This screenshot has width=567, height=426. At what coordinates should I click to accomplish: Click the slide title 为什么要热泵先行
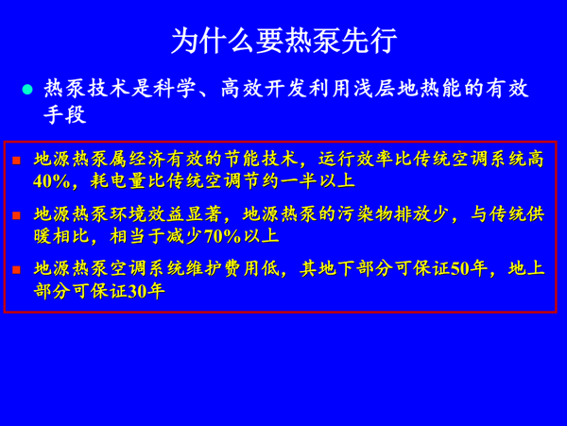[x=283, y=41]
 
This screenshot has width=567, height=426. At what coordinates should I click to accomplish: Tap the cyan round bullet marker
[x=27, y=89]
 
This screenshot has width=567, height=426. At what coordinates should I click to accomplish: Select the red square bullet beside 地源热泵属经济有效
[x=16, y=160]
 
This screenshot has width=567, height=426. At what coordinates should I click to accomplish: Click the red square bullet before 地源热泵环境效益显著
[x=16, y=215]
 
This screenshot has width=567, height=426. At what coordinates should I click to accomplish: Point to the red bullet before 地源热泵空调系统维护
[x=16, y=269]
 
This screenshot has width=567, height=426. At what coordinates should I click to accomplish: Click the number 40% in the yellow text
[x=51, y=181]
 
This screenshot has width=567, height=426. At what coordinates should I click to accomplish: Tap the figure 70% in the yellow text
[x=222, y=237]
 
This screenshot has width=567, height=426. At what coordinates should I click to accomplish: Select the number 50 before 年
[x=459, y=269]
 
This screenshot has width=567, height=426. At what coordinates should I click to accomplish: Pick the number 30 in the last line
[x=137, y=291]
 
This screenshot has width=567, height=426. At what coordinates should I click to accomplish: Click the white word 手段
[x=65, y=115]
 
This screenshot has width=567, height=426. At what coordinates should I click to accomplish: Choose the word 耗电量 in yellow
[x=118, y=181]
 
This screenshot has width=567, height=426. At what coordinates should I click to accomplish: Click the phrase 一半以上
[x=318, y=181]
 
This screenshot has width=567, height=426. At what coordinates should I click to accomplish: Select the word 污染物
[x=365, y=214]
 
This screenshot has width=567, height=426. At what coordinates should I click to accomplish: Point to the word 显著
[x=204, y=214]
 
